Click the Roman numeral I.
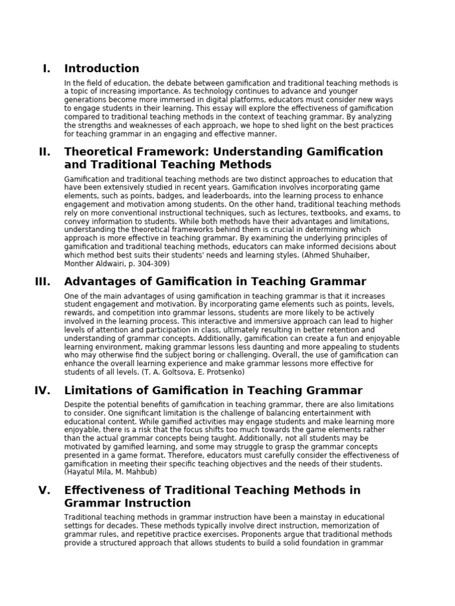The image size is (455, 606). click(46, 69)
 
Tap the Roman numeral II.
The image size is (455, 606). click(44, 152)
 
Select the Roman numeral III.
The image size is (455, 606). click(43, 282)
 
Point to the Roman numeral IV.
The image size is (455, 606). click(43, 391)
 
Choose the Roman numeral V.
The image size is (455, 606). click(44, 491)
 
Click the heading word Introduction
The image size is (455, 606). click(101, 69)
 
